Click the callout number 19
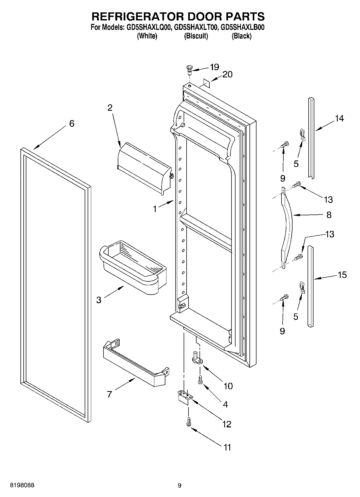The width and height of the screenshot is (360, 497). [214, 67]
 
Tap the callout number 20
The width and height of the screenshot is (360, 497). [227, 74]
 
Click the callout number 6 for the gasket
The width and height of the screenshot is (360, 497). [72, 124]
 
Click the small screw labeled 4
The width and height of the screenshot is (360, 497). [200, 380]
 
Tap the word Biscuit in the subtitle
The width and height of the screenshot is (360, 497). [196, 36]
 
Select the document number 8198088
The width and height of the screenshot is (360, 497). [22, 485]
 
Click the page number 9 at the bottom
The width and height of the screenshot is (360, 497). [180, 485]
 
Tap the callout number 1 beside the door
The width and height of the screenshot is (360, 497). [155, 209]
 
